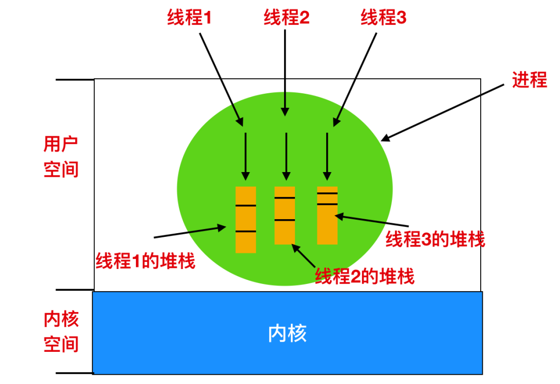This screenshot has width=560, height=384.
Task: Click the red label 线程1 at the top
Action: coord(190,18)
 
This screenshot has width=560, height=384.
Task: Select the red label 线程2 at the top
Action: coord(286,18)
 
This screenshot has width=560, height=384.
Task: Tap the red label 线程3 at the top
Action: coord(384,18)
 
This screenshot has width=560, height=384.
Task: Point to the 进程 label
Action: coord(529,80)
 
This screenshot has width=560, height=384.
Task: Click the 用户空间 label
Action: coord(61,157)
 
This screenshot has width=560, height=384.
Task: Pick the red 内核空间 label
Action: coord(61,332)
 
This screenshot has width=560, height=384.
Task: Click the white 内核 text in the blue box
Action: coord(287,334)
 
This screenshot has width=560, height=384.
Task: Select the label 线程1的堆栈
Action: coord(145,261)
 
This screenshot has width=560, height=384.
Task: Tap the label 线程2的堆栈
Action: coord(365,276)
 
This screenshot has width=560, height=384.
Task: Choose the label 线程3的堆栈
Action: coord(436,239)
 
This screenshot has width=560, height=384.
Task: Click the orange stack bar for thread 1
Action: coord(246,220)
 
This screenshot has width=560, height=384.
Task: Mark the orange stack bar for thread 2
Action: coord(285,215)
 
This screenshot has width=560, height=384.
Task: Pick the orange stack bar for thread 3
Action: coord(327,215)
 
